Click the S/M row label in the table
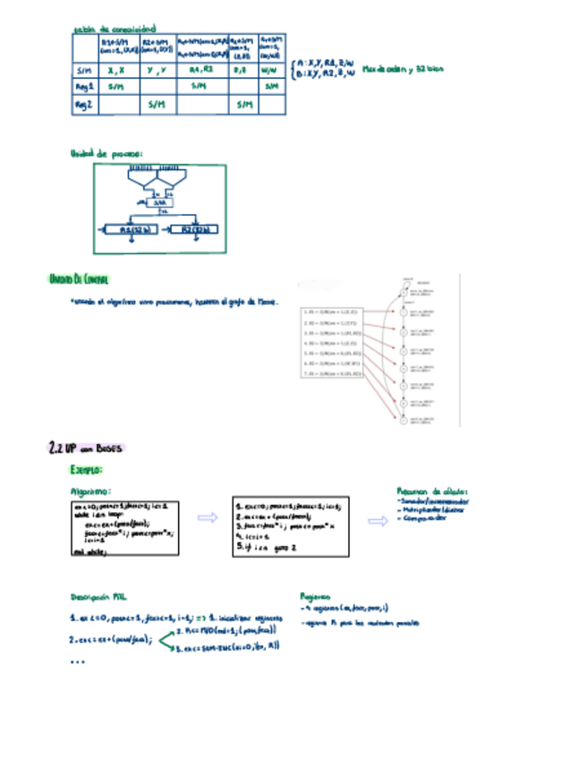point(84,69)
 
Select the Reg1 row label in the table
point(84,87)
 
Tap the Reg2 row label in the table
point(84,106)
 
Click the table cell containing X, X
point(115,69)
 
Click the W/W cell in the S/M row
point(269,69)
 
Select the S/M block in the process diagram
point(161,203)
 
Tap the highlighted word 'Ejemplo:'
point(86,469)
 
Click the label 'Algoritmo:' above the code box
point(90,491)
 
